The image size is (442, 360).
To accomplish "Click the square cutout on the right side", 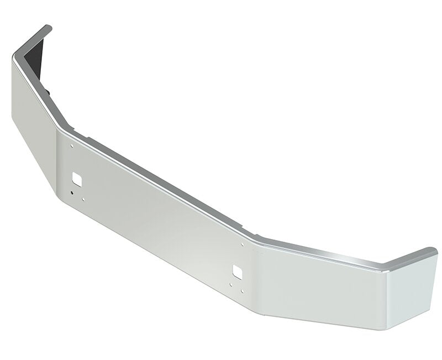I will click(x=237, y=270).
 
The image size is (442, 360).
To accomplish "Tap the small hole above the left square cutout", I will click(x=72, y=146).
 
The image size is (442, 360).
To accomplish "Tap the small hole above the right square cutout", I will click(x=242, y=244).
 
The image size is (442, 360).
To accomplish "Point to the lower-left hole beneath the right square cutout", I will click(x=231, y=285).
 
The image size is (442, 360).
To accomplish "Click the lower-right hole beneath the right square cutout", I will click(x=242, y=291).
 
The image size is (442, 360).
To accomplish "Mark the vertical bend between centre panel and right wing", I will click(x=259, y=276).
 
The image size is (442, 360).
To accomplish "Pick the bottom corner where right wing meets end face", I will click(x=387, y=330).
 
